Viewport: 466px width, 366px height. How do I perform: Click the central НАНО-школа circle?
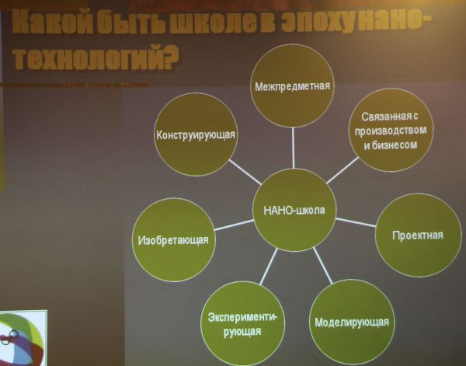(294, 210)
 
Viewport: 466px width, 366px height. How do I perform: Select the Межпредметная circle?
(292, 86)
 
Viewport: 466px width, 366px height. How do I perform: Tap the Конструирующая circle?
(196, 134)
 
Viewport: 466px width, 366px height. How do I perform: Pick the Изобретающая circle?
(173, 239)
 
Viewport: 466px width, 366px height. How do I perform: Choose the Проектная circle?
(418, 235)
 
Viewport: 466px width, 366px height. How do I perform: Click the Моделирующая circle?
(352, 322)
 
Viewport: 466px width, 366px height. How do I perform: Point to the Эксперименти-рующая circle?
(242, 324)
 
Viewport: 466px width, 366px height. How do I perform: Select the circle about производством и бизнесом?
(391, 130)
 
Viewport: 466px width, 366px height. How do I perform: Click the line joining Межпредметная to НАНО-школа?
(293, 148)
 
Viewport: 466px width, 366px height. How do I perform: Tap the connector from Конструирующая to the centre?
(245, 173)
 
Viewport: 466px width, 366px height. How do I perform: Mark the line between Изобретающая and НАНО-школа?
(235, 225)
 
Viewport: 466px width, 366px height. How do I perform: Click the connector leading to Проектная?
(356, 222)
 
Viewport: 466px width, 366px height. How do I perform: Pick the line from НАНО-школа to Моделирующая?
(323, 266)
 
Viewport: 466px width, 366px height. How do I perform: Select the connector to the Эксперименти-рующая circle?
(269, 267)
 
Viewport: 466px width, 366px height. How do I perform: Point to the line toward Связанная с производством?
(343, 170)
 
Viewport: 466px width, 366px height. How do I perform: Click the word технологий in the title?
(95, 58)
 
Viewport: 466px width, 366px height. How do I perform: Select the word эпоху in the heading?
(318, 23)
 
